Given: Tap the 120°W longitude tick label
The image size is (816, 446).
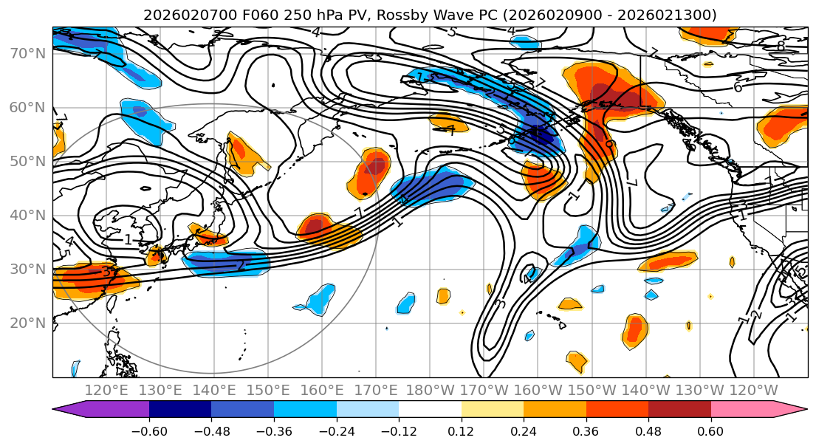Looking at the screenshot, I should [753, 390].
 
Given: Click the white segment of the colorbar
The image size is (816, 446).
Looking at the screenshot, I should [430, 410].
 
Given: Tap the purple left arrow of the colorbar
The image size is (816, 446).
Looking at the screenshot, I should [70, 410].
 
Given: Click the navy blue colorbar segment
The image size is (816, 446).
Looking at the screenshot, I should [179, 410].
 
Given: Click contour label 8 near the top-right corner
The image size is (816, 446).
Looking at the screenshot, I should [781, 46].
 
